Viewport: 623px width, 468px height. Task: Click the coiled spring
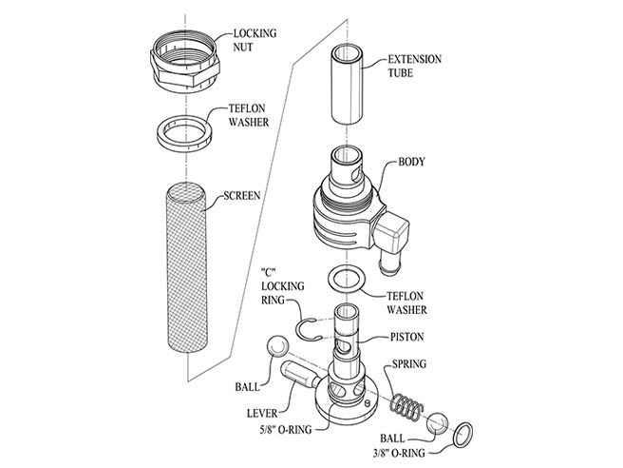[406, 397]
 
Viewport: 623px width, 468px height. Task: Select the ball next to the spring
[439, 422]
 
